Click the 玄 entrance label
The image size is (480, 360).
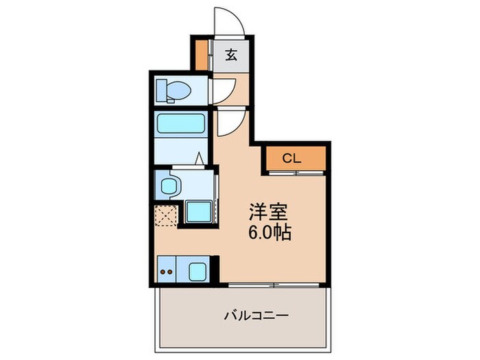point(231,56)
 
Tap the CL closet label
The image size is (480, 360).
point(291,158)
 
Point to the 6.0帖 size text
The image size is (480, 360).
point(269,233)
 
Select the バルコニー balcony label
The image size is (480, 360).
point(256,316)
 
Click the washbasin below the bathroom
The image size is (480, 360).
point(169,184)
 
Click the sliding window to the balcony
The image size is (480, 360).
point(274,284)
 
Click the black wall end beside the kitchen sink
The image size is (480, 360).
point(214,269)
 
